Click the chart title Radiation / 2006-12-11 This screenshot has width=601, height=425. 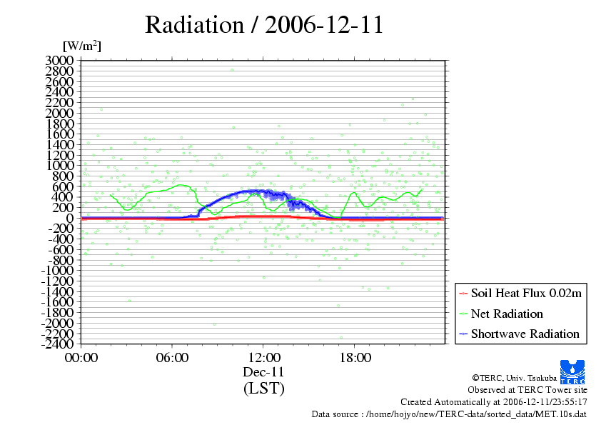pyautogui.click(x=264, y=25)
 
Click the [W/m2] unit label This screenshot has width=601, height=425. pyautogui.click(x=82, y=46)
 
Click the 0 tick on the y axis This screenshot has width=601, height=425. pyautogui.click(x=70, y=218)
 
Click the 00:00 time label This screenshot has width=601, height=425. pyautogui.click(x=81, y=357)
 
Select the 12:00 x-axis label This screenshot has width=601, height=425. pyautogui.click(x=263, y=357)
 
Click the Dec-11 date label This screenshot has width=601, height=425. pyautogui.click(x=263, y=372)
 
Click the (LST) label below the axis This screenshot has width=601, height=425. pyautogui.click(x=263, y=389)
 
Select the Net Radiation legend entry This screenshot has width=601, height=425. pyautogui.click(x=507, y=314)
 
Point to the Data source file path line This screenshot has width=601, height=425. pyautogui.click(x=450, y=414)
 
